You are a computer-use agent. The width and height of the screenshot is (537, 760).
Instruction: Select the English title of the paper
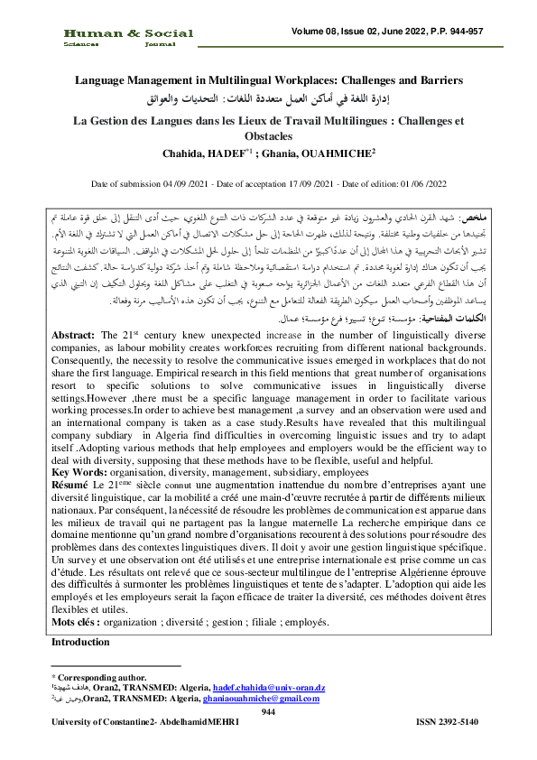pyautogui.click(x=267, y=79)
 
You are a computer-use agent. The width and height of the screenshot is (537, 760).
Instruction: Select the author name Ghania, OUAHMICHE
pyautogui.click(x=309, y=154)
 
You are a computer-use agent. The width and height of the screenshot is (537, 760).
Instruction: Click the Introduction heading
pyautogui.click(x=80, y=642)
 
